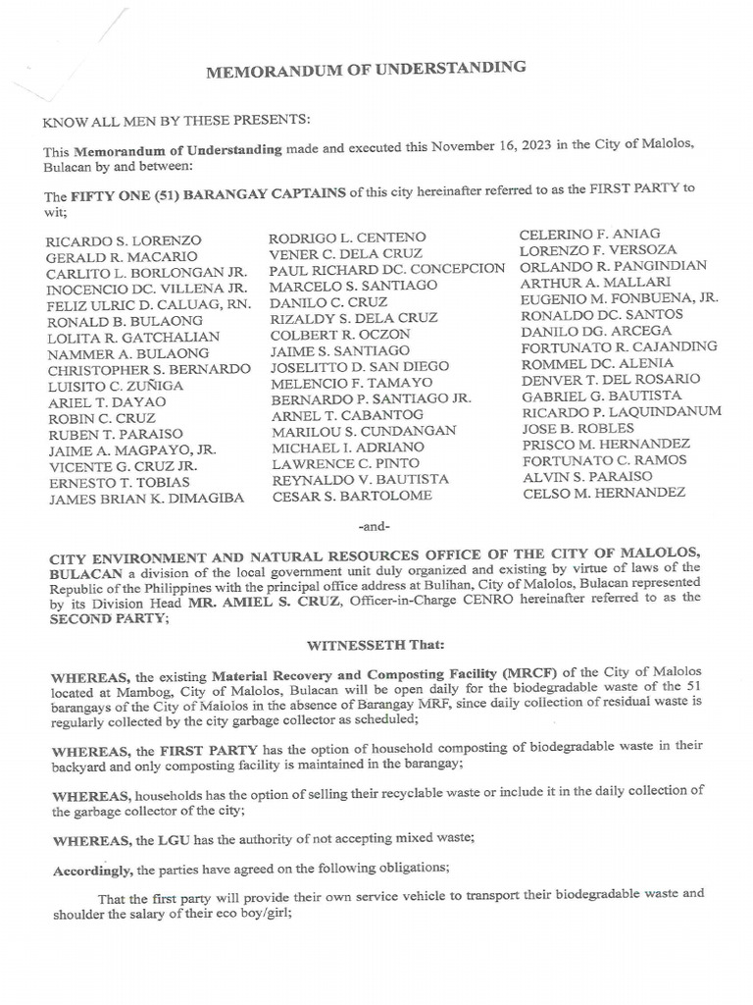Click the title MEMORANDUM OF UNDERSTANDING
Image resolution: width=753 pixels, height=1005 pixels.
pos(366,70)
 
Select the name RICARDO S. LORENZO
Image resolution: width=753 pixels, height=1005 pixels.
pos(124,240)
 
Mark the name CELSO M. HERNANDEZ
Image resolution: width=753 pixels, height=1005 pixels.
pos(604,492)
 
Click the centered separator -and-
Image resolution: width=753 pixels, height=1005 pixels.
pos(376,526)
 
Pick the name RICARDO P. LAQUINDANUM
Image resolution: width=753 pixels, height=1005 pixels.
pos(621,411)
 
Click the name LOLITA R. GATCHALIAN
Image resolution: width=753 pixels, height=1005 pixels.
pos(132,337)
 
